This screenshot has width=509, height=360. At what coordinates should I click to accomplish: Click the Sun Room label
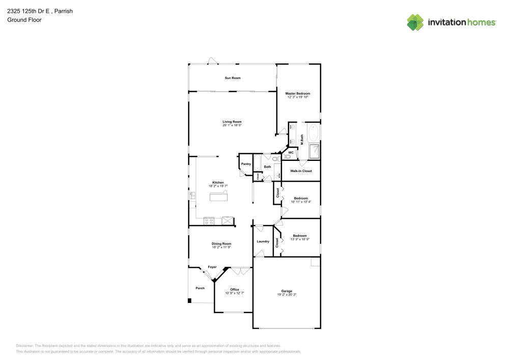coord(233,78)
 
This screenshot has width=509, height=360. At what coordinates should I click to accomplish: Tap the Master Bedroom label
coord(298,94)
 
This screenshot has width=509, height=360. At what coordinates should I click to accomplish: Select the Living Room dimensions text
coord(232,125)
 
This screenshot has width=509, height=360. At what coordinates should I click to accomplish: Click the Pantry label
coord(246,164)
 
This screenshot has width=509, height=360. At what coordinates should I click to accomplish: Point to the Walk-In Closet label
coord(301,171)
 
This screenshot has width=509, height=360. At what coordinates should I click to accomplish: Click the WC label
coord(291,152)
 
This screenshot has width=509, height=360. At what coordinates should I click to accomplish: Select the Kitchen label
coord(218,182)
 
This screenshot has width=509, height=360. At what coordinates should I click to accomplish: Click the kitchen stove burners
coord(209,221)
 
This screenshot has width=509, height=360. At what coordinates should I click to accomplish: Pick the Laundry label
coord(263,241)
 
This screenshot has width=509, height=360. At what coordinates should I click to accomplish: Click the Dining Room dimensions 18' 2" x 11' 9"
coord(221,247)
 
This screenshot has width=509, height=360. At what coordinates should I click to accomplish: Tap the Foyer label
coord(212,267)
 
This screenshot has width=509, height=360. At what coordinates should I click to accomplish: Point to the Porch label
coord(200,288)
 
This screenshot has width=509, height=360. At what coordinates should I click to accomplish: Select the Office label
coord(235,290)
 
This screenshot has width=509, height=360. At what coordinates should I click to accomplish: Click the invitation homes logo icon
coord(415,22)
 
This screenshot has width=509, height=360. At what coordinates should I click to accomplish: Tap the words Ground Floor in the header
coord(24,20)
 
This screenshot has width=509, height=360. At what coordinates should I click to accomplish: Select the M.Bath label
coord(302,139)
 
